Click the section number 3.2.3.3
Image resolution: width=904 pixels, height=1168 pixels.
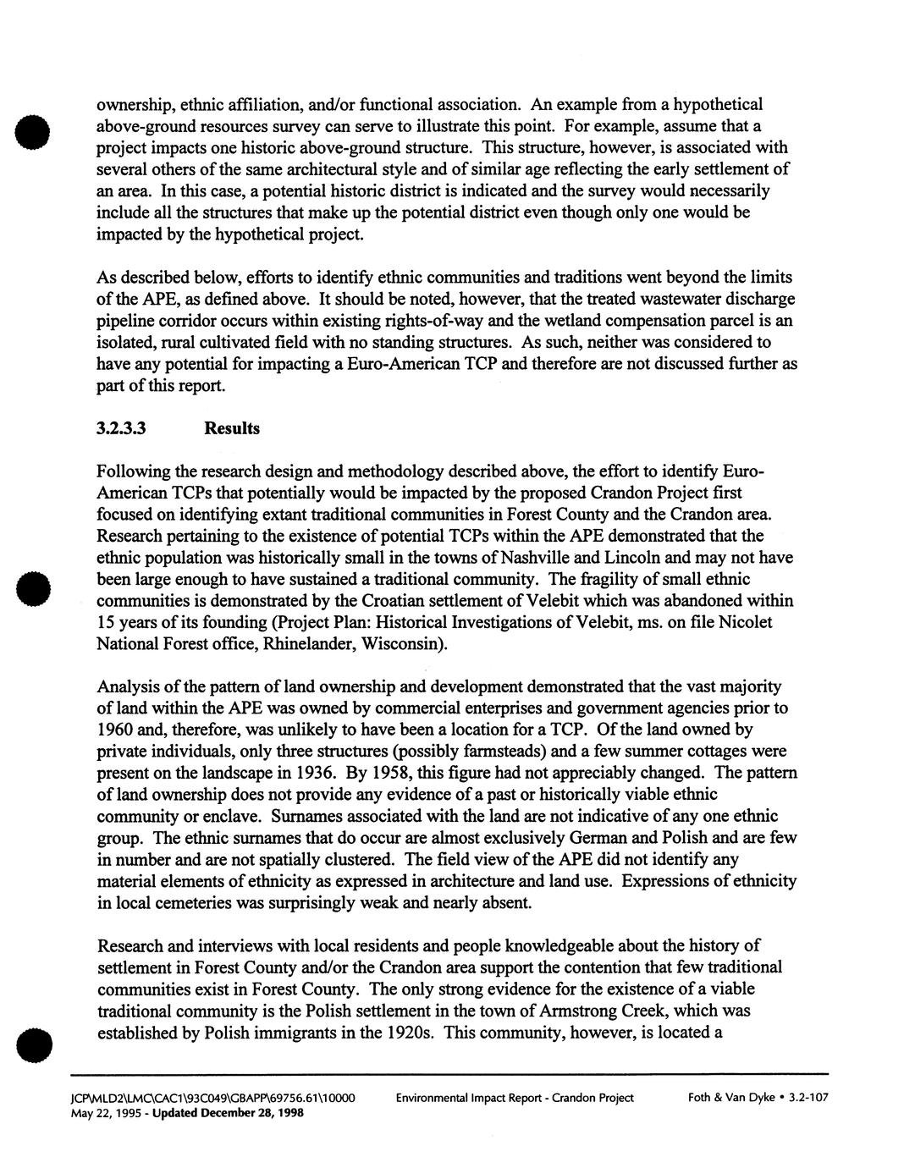122,428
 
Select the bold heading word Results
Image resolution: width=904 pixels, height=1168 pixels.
232,428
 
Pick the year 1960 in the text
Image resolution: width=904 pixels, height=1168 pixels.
116,730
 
